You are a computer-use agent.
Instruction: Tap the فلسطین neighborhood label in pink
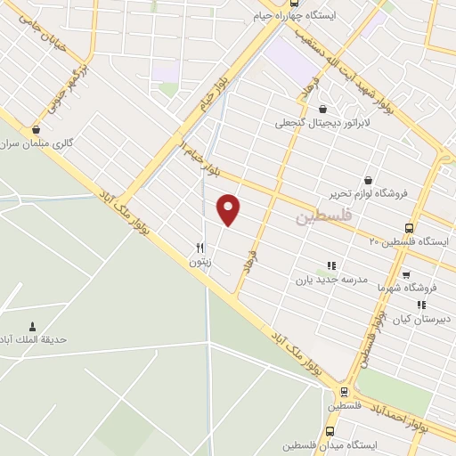tap(324, 216)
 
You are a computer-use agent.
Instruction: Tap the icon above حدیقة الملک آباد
tap(33, 326)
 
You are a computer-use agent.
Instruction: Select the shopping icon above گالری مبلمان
tap(36, 129)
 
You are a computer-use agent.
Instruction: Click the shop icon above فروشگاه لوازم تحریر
tap(368, 180)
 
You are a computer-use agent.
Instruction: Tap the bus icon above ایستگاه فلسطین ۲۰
tap(409, 227)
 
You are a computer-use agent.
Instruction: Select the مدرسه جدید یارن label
tap(331, 279)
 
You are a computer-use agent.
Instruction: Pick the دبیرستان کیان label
tap(422, 318)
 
